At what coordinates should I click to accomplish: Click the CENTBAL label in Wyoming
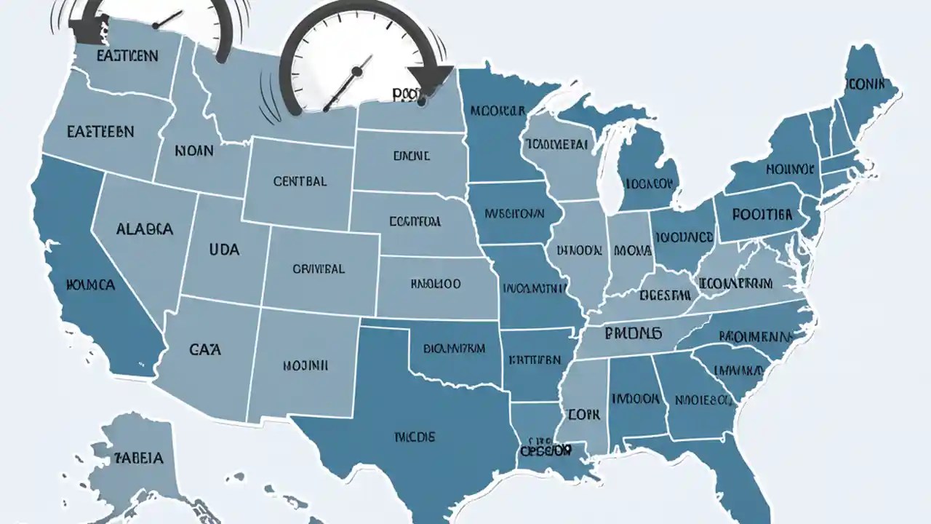pyautogui.click(x=300, y=181)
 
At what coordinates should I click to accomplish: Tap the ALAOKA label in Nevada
pyautogui.click(x=145, y=229)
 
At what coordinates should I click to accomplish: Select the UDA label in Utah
pyautogui.click(x=224, y=249)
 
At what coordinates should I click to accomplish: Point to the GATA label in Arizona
pyautogui.click(x=205, y=349)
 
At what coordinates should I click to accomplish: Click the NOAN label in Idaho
pyautogui.click(x=194, y=151)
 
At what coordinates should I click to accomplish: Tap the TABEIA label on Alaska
pyautogui.click(x=139, y=458)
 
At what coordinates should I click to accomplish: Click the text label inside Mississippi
pyautogui.click(x=584, y=414)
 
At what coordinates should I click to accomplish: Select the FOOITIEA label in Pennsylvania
pyautogui.click(x=762, y=215)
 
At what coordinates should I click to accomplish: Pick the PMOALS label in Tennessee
pyautogui.click(x=633, y=333)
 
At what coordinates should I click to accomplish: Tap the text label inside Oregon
pyautogui.click(x=100, y=132)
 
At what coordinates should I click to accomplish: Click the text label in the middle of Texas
pyautogui.click(x=415, y=437)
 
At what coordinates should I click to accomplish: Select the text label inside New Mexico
pyautogui.click(x=305, y=365)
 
